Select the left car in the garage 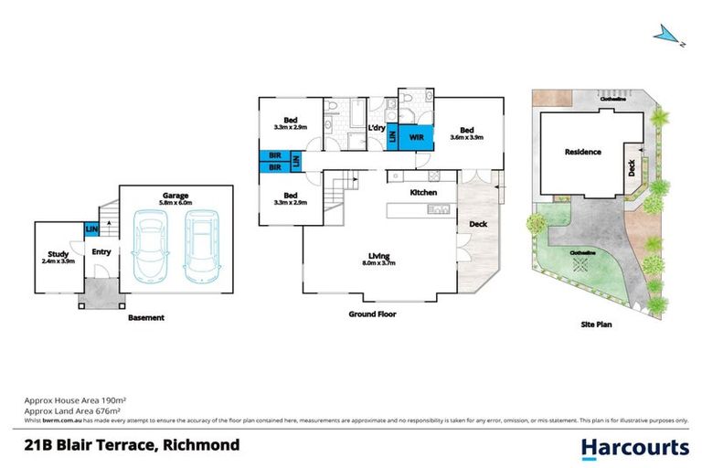tap(150, 248)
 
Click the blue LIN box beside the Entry tap(91, 229)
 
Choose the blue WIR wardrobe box tap(417, 136)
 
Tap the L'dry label tap(376, 128)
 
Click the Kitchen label tap(423, 193)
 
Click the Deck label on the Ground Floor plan tap(477, 224)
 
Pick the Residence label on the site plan tap(582, 152)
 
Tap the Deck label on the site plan tap(632, 167)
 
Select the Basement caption tap(145, 317)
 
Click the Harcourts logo tap(635, 447)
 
